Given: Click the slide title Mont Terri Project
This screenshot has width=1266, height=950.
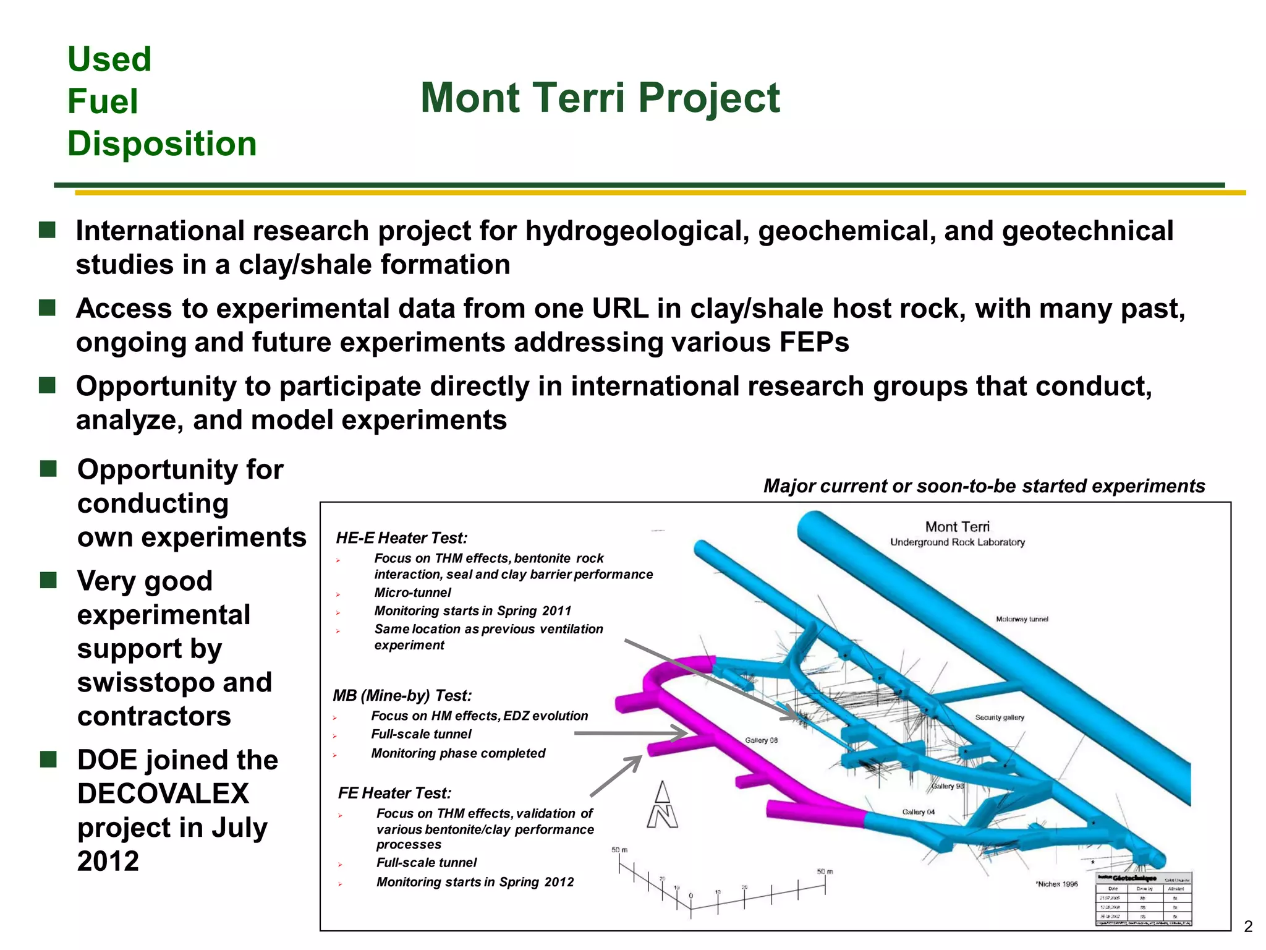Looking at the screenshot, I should point(600,98).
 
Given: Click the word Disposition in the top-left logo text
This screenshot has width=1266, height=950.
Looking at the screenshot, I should point(161,143).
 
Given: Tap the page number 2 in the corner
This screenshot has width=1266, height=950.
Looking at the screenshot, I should point(1247,926).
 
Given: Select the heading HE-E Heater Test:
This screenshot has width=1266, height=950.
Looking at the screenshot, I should point(401,537).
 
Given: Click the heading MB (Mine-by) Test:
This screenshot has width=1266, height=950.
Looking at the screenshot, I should point(402,695).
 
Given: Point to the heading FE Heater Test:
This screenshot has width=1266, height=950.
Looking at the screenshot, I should point(394,793).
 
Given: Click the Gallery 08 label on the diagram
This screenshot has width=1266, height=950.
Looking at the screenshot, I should point(761,740).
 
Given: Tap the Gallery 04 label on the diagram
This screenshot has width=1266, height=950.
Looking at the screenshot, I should point(918,812).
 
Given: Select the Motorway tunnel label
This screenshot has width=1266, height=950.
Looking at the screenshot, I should point(1022,619).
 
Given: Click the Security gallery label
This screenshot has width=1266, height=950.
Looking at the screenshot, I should point(1000,717).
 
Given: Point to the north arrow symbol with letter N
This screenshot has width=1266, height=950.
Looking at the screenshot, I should point(662,805).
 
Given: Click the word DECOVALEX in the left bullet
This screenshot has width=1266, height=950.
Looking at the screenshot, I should point(163,794).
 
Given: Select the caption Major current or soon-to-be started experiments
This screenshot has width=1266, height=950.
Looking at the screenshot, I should point(983,486).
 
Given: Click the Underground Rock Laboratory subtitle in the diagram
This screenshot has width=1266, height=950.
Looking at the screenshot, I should point(957,542).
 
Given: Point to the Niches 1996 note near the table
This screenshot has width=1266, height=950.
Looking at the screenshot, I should point(1056,884).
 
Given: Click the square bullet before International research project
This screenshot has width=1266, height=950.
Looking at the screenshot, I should point(48,231).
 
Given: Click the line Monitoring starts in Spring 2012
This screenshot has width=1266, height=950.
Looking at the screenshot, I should point(475,882).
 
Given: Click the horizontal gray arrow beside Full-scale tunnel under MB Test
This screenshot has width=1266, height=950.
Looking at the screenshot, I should point(631,734).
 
